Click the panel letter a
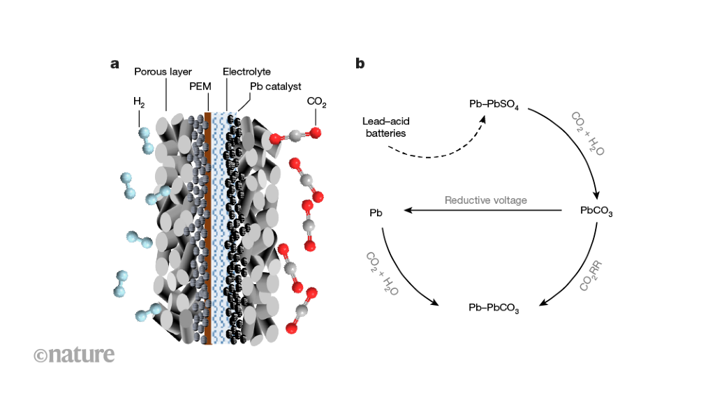coord(115,64)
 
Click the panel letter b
coord(360,64)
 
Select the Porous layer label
coord(163,71)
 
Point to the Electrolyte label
coord(246,71)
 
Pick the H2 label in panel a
coord(139,103)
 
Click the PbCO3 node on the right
coord(596,211)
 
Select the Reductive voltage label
coord(485,200)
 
